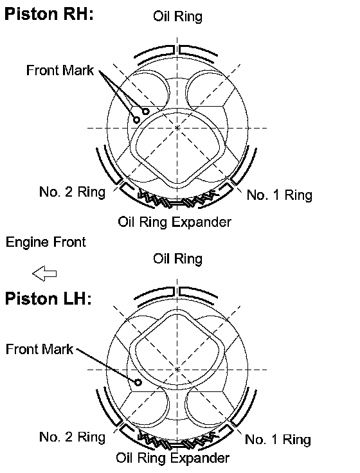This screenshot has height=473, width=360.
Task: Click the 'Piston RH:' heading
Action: coord(50,14)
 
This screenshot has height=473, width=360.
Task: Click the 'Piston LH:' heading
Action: coord(48,299)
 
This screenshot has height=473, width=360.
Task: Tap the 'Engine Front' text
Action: coord(46,242)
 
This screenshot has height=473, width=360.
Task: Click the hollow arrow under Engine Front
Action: coord(44,273)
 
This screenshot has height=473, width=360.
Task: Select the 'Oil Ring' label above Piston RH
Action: coord(177,16)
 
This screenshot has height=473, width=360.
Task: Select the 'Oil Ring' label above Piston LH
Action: coord(177,258)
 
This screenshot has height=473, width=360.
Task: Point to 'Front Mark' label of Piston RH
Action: coord(60,70)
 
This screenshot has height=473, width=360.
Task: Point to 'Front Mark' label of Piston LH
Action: coord(39,349)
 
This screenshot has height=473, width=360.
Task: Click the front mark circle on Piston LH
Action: coord(138,382)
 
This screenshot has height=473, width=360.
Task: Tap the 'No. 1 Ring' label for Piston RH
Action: coord(280,195)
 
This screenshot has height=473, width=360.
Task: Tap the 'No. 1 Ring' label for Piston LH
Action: coord(278,440)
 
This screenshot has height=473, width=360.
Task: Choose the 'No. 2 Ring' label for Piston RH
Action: coord(73,192)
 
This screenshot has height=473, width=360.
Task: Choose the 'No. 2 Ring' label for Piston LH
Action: coord(73,437)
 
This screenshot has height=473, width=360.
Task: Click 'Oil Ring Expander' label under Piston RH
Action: coord(174,222)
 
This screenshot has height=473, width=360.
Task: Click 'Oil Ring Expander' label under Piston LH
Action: coord(172,458)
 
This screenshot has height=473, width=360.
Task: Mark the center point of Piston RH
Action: coord(177,128)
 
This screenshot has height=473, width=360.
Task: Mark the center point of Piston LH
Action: coord(177,370)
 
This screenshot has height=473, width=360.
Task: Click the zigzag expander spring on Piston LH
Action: coord(177,442)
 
